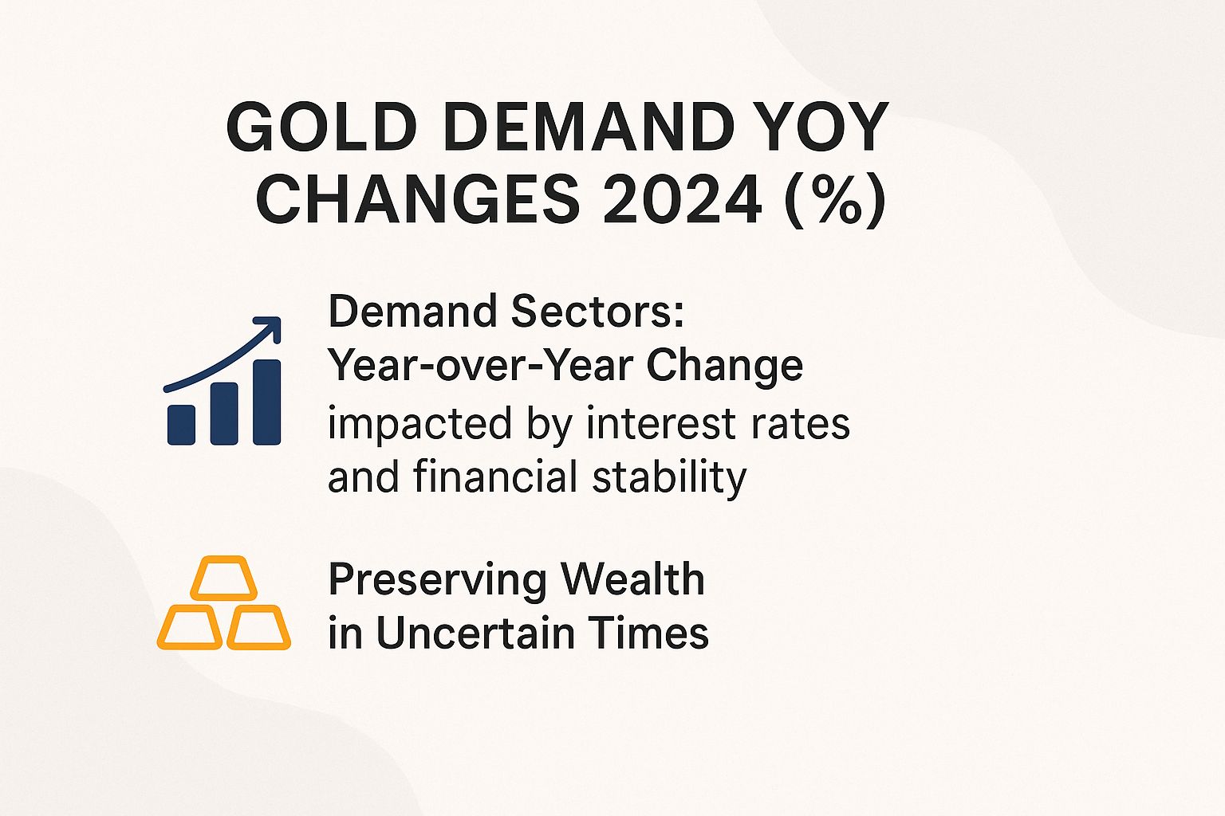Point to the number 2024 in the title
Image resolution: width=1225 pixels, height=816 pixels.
pyautogui.click(x=683, y=199)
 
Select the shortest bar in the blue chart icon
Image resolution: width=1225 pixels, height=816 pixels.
pyautogui.click(x=182, y=425)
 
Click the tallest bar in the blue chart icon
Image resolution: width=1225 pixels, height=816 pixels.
pyautogui.click(x=267, y=402)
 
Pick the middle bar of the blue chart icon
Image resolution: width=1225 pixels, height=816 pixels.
pyautogui.click(x=224, y=414)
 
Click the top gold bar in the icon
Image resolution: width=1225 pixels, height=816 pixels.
pyautogui.click(x=224, y=579)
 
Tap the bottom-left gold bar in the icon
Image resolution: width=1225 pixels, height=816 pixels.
pyautogui.click(x=190, y=628)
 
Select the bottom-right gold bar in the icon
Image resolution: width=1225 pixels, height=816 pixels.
pyautogui.click(x=258, y=628)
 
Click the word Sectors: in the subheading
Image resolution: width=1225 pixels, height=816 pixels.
pyautogui.click(x=597, y=312)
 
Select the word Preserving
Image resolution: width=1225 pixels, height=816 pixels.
pyautogui.click(x=437, y=581)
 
